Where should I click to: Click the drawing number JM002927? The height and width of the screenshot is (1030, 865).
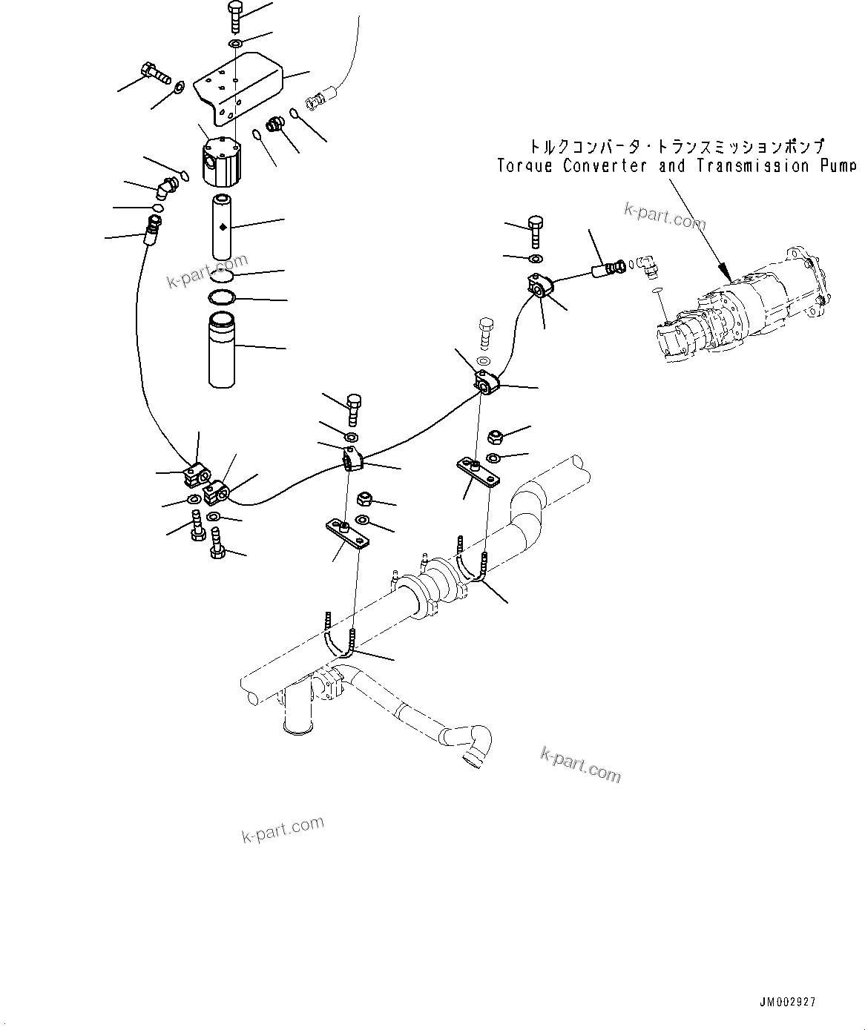pos(787,1002)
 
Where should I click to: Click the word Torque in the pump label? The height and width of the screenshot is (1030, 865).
pos(524,165)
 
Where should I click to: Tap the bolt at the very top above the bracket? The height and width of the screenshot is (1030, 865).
pos(234,15)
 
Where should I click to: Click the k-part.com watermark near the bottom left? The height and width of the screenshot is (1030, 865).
pos(283,830)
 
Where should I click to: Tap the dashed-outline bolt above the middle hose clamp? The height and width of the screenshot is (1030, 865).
pos(486,331)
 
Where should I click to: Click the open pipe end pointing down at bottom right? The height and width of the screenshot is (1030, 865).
pos(470,758)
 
